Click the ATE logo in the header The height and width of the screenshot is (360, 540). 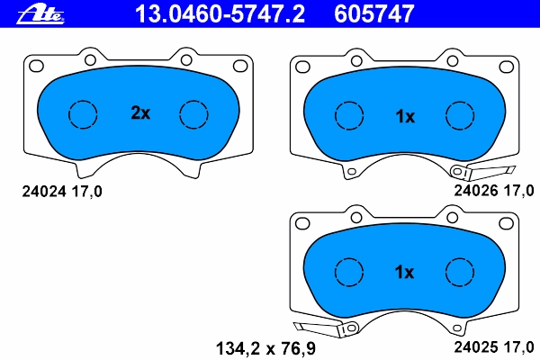coord(40,14)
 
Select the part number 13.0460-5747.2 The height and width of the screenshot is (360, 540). coord(220,14)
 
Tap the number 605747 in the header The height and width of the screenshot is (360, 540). coord(374,14)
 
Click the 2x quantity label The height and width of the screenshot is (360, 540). coord(140,112)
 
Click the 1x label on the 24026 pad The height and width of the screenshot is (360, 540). coord(405,116)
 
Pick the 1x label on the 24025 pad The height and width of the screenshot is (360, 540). coord(404,272)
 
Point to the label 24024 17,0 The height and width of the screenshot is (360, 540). coord(62,191)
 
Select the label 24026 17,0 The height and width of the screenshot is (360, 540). coord(494,191)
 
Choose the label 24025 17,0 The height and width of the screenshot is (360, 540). coord(494,346)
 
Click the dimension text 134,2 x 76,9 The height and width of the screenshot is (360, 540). coord(265,348)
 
